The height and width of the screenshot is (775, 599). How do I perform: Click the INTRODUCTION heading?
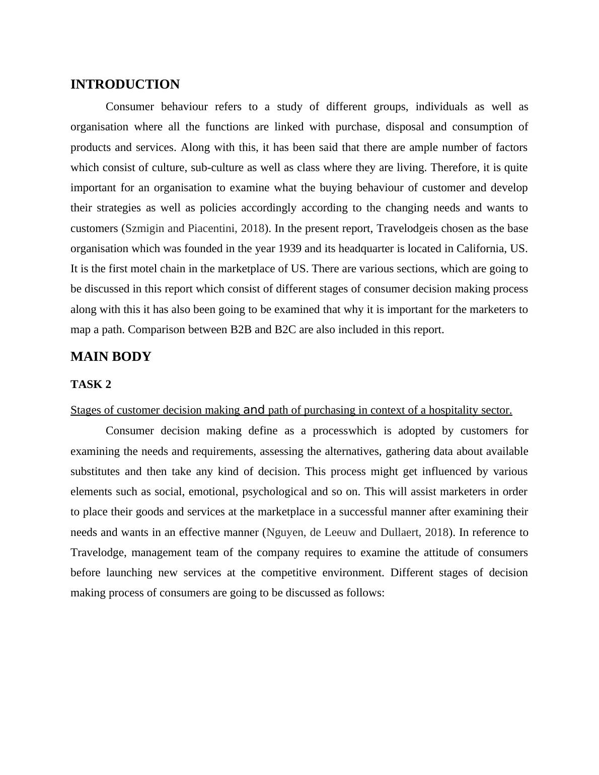pyautogui.click(x=125, y=85)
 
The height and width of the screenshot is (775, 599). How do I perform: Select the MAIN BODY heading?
pyautogui.click(x=111, y=357)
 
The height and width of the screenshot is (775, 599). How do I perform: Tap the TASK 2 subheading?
pyautogui.click(x=91, y=384)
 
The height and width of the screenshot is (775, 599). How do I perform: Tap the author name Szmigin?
pyautogui.click(x=144, y=228)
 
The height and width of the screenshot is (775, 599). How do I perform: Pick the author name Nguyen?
pyautogui.click(x=283, y=532)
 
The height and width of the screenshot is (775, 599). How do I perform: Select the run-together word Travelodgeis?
pyautogui.click(x=408, y=228)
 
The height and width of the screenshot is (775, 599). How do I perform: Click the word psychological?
pyautogui.click(x=275, y=492)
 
